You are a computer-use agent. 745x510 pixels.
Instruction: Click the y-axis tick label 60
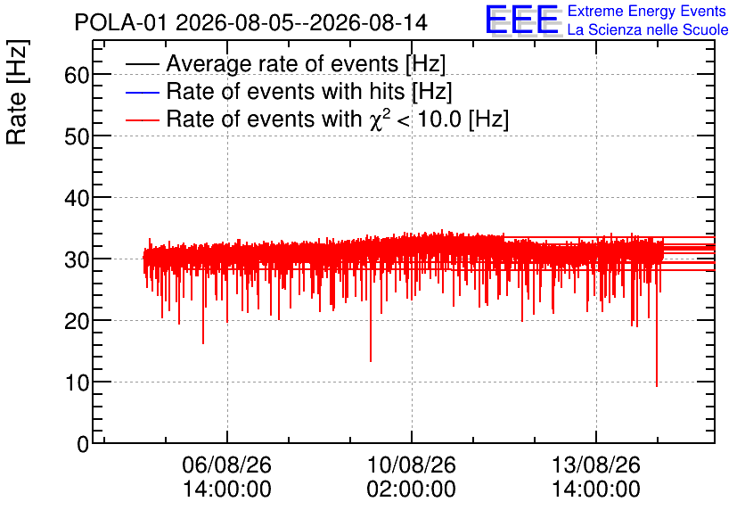coord(77,75)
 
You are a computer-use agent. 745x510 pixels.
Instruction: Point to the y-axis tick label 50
coord(77,136)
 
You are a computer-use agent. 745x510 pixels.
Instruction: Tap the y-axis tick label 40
coord(77,198)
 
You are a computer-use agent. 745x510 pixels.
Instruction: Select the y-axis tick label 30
coord(77,259)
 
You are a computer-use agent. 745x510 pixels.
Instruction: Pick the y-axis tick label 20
coord(77,321)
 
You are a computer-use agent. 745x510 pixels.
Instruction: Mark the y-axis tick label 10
coord(77,382)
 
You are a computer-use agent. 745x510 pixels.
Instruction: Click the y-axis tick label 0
coord(83,444)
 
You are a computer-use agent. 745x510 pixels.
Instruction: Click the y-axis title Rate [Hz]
coord(17,92)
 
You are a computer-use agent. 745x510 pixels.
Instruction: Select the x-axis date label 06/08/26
coord(226,465)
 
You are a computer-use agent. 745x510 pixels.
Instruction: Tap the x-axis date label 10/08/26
coord(412,465)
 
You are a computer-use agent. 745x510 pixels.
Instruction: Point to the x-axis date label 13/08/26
coord(596,465)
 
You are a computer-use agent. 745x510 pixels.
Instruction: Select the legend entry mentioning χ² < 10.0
coord(338,119)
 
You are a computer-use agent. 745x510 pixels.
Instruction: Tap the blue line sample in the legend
coord(143,92)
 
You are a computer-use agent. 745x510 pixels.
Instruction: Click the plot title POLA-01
coord(120,22)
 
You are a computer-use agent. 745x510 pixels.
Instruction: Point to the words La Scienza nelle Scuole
coord(648,29)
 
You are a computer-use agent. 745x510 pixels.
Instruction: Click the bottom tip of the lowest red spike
coord(657,387)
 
